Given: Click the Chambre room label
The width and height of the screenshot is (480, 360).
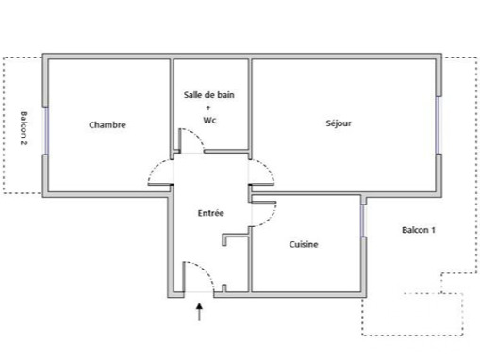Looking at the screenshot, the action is (108, 124).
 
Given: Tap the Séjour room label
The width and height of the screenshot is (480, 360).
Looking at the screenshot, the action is (339, 123).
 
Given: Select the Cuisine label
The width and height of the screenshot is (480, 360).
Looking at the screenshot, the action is (304, 244).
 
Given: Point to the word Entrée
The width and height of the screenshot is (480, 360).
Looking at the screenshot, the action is (210, 213).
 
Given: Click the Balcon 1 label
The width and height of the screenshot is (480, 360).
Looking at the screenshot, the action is (419, 230).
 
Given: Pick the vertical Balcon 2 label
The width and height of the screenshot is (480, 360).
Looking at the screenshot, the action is (24, 128).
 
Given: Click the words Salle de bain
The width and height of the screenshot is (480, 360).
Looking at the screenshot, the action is (209, 94).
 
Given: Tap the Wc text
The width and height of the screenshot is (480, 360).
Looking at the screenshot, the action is (209, 120).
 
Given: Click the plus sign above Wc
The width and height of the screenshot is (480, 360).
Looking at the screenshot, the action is (208, 107).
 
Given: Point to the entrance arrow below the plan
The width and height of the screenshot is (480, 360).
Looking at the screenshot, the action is (199, 312).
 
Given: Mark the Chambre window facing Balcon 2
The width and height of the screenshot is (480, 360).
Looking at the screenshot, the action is (46, 131).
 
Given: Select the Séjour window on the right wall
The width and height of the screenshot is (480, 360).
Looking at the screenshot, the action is (438, 124).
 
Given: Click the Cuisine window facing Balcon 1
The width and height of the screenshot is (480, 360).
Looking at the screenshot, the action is (363, 221).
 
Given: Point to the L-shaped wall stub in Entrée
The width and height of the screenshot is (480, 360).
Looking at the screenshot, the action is (234, 238).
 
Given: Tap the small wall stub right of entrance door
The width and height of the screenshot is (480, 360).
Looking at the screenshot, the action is (224, 288).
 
